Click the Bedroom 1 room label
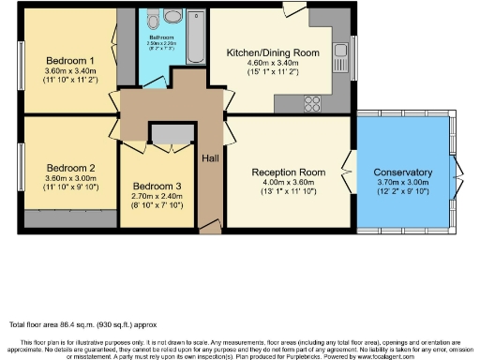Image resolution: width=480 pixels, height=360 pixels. pos(59,60)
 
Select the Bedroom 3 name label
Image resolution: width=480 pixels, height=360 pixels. pos(152,185)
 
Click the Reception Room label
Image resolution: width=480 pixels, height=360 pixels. pos(288,172)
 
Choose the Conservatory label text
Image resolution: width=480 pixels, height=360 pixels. pos(402,173)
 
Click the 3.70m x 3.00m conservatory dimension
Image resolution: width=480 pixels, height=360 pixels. pos(402,185)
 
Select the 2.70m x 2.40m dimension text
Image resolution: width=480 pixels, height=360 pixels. pos(152,196)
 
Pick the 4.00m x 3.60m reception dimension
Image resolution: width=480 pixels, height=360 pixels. pos(288,183)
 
